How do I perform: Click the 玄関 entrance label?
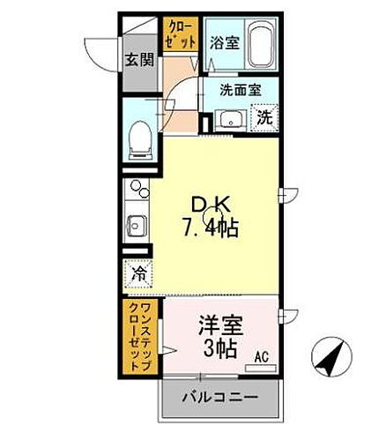pyautogui.click(x=137, y=61)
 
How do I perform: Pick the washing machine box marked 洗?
pyautogui.click(x=263, y=116)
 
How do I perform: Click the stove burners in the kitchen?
pyautogui.click(x=137, y=189)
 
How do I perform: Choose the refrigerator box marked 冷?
pyautogui.click(x=137, y=273)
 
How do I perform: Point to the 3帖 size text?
pyautogui.click(x=220, y=348)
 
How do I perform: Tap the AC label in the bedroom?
pyautogui.click(x=262, y=357)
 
